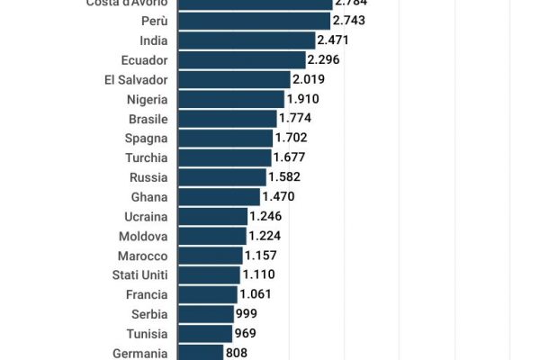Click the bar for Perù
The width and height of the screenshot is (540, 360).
tap(254, 21)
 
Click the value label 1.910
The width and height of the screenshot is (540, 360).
tap(303, 99)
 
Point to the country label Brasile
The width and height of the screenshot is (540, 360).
tap(147, 119)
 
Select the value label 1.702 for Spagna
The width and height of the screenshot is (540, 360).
tap(292, 138)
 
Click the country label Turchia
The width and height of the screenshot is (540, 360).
tap(146, 157)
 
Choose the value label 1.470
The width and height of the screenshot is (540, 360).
tap(278, 196)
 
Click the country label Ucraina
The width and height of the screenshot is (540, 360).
tap(146, 216)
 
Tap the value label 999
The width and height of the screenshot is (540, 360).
tap(247, 313)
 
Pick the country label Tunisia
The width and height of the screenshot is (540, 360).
tap(147, 333)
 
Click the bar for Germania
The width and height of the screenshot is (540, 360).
tap(200, 352)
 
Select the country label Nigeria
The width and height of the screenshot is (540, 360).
tap(147, 99)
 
